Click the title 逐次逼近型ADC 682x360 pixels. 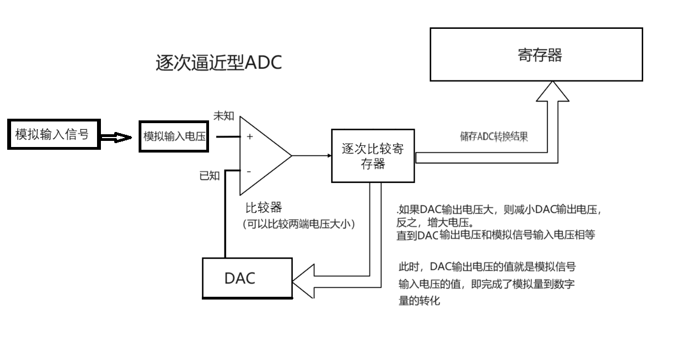(219, 63)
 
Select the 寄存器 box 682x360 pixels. (537, 55)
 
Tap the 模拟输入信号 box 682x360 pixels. (53, 134)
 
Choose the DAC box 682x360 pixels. (247, 278)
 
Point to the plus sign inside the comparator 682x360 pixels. (250, 136)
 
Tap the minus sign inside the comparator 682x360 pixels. (248, 172)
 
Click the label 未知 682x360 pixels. (223, 116)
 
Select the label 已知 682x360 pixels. (210, 176)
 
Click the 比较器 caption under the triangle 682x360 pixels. (264, 209)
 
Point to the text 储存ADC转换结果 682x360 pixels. (493, 137)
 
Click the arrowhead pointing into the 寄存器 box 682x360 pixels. (552, 92)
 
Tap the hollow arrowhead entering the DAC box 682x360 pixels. (303, 281)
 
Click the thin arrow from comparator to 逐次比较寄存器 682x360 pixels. (312, 156)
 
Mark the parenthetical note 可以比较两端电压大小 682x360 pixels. (298, 225)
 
